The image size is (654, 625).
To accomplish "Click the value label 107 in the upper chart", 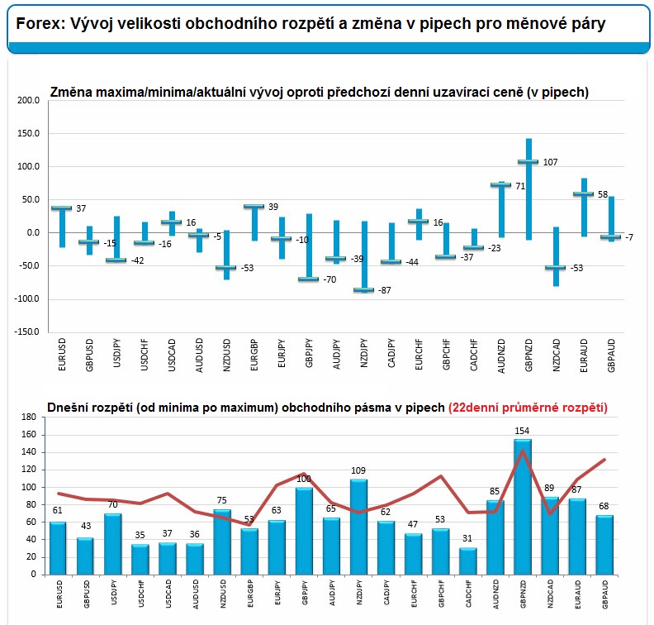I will (550, 162).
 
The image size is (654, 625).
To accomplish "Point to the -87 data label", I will (384, 291).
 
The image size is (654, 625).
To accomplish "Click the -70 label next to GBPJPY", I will (329, 280).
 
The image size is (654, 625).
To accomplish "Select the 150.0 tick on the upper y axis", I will (28, 133).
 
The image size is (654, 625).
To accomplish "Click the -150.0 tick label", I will (26, 332).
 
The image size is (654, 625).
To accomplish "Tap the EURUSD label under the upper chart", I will (62, 351).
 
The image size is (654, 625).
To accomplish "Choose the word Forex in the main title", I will (36, 24).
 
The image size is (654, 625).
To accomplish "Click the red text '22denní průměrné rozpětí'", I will (528, 408).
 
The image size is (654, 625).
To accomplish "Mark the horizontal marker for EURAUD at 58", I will (583, 194).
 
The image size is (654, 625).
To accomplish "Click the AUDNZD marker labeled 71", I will (500, 185).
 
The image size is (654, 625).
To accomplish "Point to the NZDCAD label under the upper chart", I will (556, 351).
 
